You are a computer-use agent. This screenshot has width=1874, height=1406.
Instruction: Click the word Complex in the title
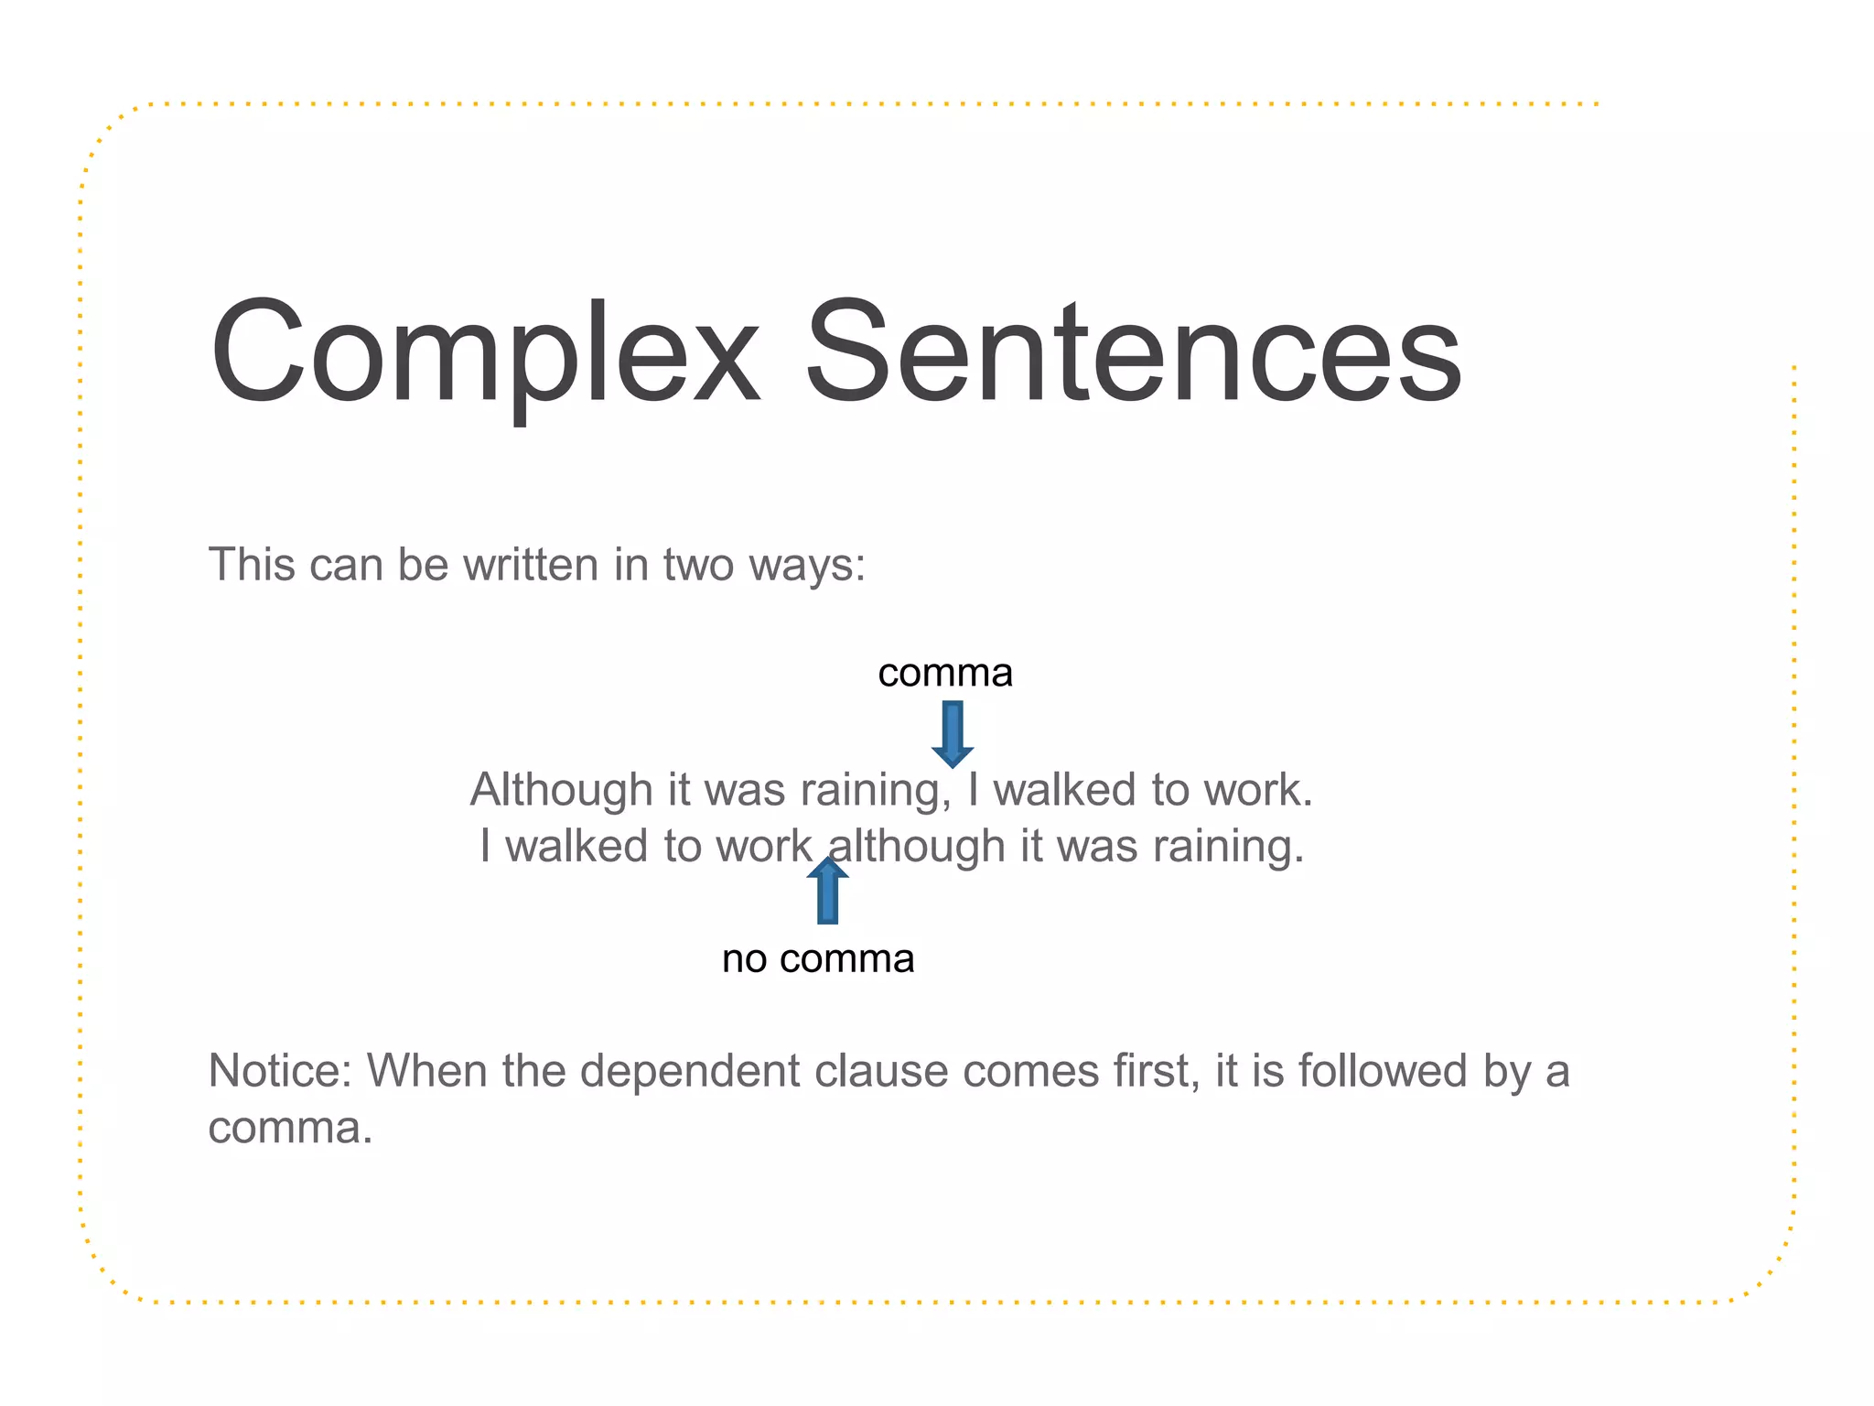pos(485,352)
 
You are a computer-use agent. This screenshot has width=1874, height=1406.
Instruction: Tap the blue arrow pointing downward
pos(953,733)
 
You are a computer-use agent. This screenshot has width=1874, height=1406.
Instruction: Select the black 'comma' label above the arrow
pos(945,674)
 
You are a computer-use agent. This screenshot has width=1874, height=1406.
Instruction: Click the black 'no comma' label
pos(818,959)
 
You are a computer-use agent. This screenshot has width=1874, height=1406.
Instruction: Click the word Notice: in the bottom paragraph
pos(280,1071)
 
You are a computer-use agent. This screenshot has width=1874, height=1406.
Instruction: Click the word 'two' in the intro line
pos(699,565)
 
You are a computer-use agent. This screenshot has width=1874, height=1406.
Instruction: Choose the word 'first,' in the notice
pos(1157,1071)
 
